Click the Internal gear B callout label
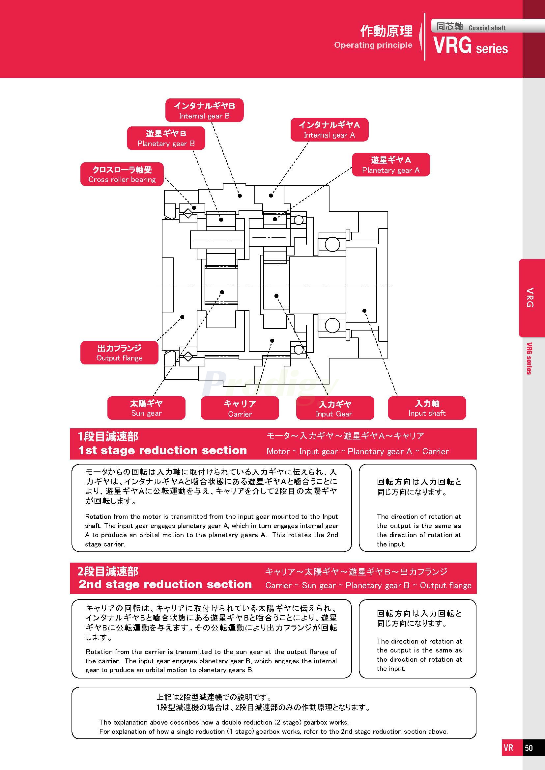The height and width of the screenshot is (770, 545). pyautogui.click(x=204, y=111)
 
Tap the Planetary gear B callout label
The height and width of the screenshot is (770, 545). pyautogui.click(x=166, y=138)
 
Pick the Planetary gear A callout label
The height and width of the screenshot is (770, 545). pyautogui.click(x=391, y=165)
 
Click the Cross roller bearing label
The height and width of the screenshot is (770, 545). pyautogui.click(x=122, y=174)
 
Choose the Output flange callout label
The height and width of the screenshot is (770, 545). pyautogui.click(x=119, y=353)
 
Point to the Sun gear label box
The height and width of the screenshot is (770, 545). pyautogui.click(x=146, y=408)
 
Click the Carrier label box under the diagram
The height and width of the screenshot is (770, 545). pyautogui.click(x=240, y=408)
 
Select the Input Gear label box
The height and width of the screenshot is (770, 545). pyautogui.click(x=334, y=408)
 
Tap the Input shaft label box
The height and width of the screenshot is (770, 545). pyautogui.click(x=427, y=408)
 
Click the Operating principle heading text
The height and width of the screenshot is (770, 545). pyautogui.click(x=373, y=45)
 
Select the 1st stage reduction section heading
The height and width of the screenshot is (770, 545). pyautogui.click(x=162, y=450)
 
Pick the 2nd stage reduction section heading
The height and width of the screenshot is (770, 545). pyautogui.click(x=165, y=585)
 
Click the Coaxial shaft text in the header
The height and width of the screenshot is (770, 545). pyautogui.click(x=487, y=28)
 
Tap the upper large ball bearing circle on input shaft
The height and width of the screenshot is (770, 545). pyautogui.click(x=332, y=244)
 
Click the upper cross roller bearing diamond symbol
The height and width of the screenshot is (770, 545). pyautogui.click(x=188, y=213)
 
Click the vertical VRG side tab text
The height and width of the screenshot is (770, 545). pyautogui.click(x=530, y=298)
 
